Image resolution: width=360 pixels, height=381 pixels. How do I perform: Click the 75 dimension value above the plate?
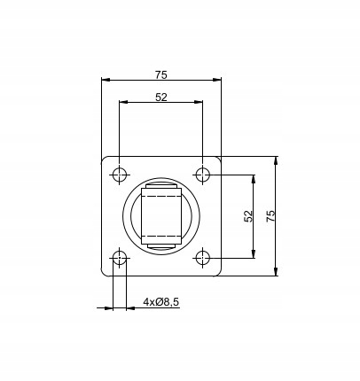tap(161, 74)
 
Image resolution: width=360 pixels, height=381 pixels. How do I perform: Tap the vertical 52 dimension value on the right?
tap(248, 216)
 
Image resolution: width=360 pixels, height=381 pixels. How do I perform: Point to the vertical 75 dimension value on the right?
tap(270, 216)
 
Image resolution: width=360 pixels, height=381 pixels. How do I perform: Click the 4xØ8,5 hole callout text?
tap(161, 302)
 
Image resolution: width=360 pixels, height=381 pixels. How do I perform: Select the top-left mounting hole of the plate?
tap(121, 175)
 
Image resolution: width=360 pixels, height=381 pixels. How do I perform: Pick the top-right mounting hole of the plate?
tap(203, 175)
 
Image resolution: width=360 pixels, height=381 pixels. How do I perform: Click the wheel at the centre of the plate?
tap(161, 216)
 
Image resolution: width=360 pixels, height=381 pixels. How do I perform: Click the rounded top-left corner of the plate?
tap(106, 160)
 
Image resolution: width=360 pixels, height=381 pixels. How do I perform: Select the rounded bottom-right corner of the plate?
tap(218, 272)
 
